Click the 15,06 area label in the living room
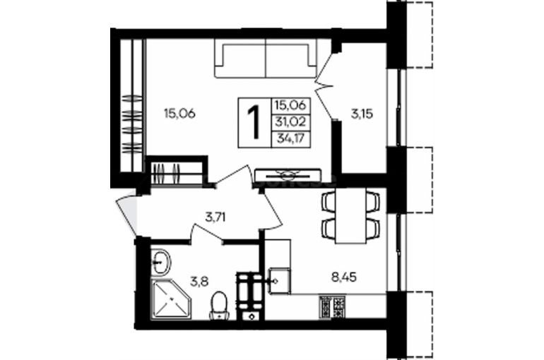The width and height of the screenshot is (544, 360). (179, 113)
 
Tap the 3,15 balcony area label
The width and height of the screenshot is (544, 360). (361, 114)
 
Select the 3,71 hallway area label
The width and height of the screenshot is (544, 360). (215, 217)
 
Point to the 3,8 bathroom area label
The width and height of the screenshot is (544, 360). (199, 282)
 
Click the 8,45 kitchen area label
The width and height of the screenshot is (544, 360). (344, 277)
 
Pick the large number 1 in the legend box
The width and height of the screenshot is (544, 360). (254, 123)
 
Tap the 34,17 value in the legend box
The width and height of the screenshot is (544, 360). (290, 138)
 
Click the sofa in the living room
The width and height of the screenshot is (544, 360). (266, 57)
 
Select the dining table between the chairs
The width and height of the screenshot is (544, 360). (350, 216)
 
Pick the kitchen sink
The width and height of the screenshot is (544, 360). (279, 280)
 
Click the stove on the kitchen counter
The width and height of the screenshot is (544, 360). (332, 307)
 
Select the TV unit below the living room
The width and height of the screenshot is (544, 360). (288, 174)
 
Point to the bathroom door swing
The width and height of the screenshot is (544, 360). (207, 232)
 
